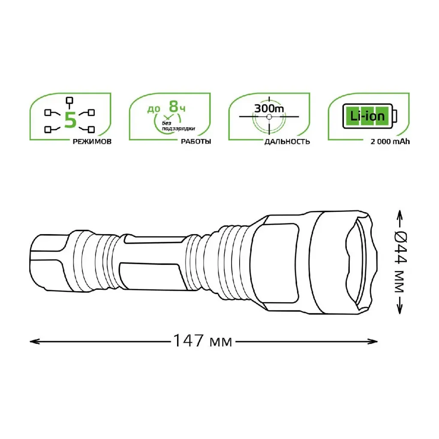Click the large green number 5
pyautogui.click(x=70, y=120)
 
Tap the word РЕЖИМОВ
pyautogui.click(x=92, y=141)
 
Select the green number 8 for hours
pyautogui.click(x=174, y=106)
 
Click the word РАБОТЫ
pyautogui.click(x=196, y=141)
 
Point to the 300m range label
pyautogui.click(x=269, y=108)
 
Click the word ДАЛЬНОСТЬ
pyautogui.click(x=287, y=141)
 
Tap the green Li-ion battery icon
pyautogui.click(x=370, y=116)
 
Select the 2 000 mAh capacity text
pyautogui.click(x=390, y=141)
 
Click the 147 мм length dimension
pyautogui.click(x=203, y=341)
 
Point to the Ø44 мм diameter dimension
pyautogui.click(x=401, y=262)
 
